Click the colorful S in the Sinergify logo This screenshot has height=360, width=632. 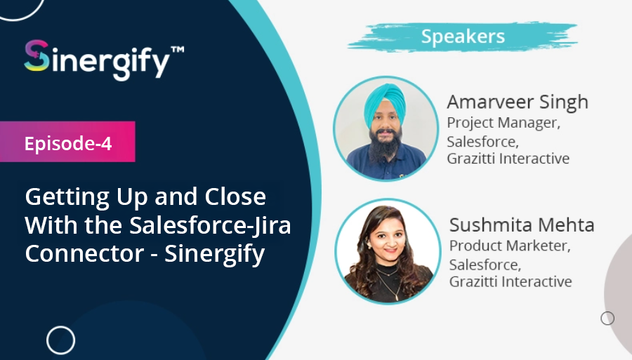[37, 56]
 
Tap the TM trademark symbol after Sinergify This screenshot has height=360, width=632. [178, 50]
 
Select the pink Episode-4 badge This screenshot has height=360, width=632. [67, 142]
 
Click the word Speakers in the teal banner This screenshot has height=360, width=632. [463, 36]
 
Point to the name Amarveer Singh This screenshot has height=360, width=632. [518, 102]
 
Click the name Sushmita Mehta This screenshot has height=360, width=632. [522, 225]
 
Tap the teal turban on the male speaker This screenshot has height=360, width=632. [385, 104]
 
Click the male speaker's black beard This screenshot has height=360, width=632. [386, 145]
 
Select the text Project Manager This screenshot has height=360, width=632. [503, 123]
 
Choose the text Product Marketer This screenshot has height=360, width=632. [510, 246]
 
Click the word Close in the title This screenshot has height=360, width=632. [235, 196]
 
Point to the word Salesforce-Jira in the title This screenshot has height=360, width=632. [210, 225]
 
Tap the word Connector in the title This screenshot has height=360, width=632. [84, 253]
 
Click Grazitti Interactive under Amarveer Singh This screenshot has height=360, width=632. [508, 159]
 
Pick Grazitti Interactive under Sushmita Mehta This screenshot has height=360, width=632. [511, 281]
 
